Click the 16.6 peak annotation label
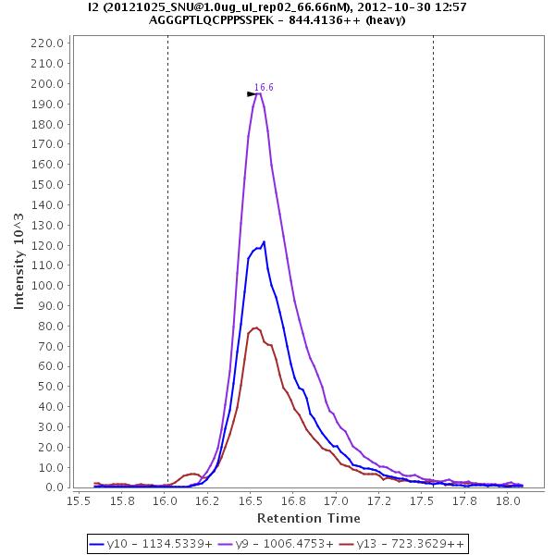(264, 87)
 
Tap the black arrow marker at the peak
(252, 94)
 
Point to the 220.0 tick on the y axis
(47, 43)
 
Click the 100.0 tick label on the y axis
(47, 286)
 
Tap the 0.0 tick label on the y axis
(54, 487)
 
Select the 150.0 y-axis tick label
(47, 185)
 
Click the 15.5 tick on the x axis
(80, 500)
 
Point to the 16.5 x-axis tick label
(251, 500)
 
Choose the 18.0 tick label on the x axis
(508, 500)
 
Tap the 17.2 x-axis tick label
(371, 500)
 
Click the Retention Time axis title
(308, 518)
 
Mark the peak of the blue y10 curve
(264, 242)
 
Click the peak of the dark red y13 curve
(255, 327)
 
